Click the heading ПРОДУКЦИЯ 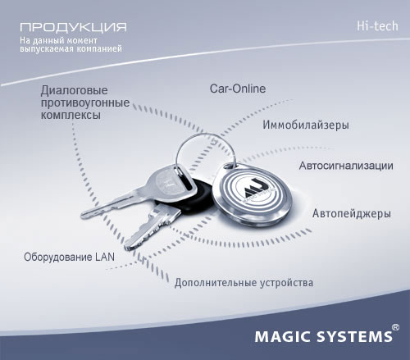tap(73, 27)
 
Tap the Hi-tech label tap(377, 26)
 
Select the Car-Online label tap(238, 89)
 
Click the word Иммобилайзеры tap(306, 125)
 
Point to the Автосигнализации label tap(346, 166)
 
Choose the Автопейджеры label tap(352, 213)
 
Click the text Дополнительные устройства tap(244, 283)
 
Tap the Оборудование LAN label tap(69, 257)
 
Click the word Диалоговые tap(74, 90)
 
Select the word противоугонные tap(85, 103)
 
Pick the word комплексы tap(71, 115)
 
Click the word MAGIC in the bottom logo tap(284, 337)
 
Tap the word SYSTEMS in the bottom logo tap(354, 337)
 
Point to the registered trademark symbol tap(395, 327)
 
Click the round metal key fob tap(252, 194)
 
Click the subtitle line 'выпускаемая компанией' tap(71, 48)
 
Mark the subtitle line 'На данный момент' tap(58, 40)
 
